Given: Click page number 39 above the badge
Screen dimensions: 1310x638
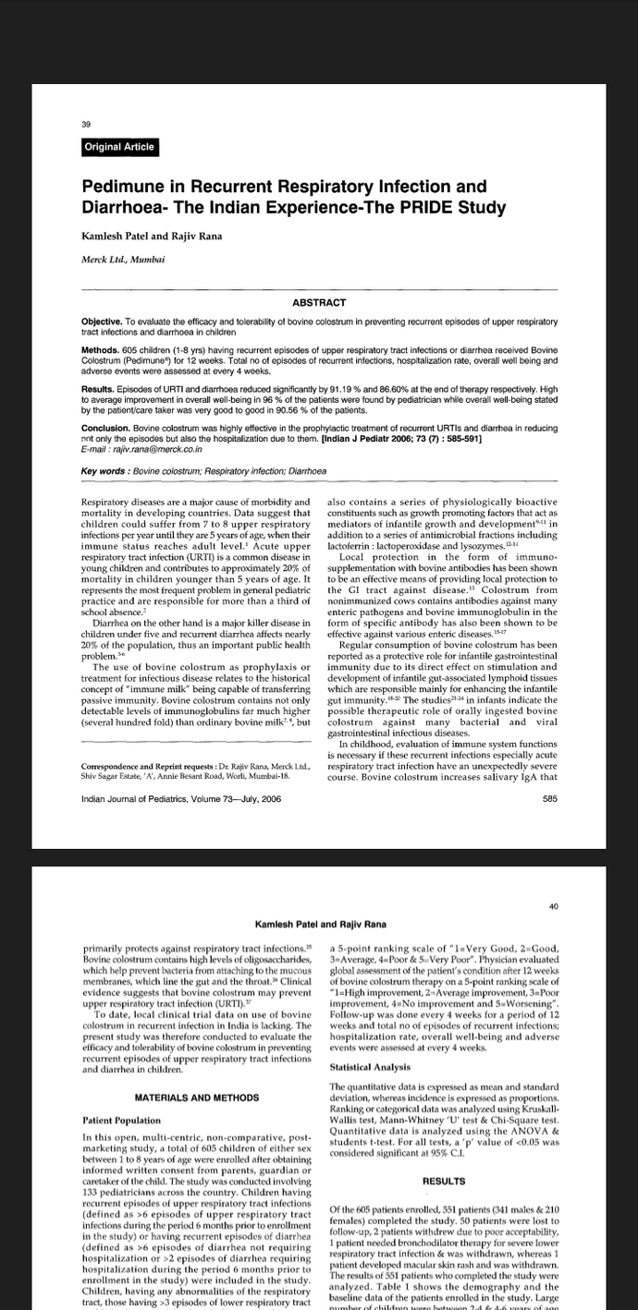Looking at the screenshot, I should [85, 124].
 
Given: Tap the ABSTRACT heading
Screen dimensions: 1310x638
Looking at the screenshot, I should [319, 303].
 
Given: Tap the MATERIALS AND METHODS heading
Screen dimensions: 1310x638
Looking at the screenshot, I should [196, 1098].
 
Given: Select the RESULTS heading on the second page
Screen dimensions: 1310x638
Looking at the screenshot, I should [443, 1181].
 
